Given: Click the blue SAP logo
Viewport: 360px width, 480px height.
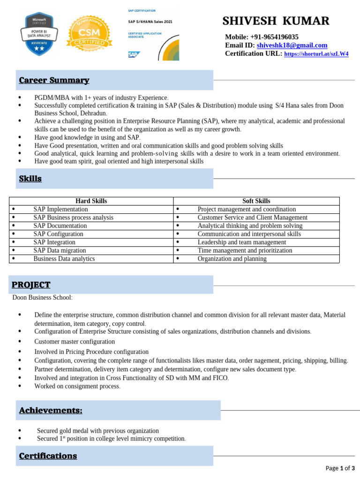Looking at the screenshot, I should point(134,54).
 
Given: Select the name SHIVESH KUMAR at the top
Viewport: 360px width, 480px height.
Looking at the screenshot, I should point(276,21).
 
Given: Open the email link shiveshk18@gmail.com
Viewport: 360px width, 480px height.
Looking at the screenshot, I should point(292,45).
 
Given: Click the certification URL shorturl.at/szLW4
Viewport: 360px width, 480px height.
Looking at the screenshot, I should point(316,54).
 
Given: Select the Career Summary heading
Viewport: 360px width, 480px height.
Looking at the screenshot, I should point(54,80).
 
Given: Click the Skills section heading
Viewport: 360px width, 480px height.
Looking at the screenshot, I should point(30,179).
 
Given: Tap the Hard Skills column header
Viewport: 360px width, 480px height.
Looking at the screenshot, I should point(91,201).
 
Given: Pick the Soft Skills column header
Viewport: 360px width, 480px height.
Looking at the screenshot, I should point(256,201).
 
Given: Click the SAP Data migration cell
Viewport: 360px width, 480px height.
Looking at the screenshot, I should point(59,250).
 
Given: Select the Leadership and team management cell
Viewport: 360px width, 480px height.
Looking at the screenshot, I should point(241,242).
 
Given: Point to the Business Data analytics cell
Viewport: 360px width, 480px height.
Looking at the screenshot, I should point(64,259).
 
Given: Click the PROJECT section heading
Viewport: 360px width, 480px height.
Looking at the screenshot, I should point(31,285).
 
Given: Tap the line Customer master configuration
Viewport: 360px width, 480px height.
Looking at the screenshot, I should point(75,342).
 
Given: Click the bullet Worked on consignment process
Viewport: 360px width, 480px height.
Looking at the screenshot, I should point(77,386).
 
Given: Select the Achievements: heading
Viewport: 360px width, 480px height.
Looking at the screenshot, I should point(51,410).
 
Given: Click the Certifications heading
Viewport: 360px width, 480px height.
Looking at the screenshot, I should point(48,456).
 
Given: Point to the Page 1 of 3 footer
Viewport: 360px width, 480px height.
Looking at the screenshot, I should point(340,468).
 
